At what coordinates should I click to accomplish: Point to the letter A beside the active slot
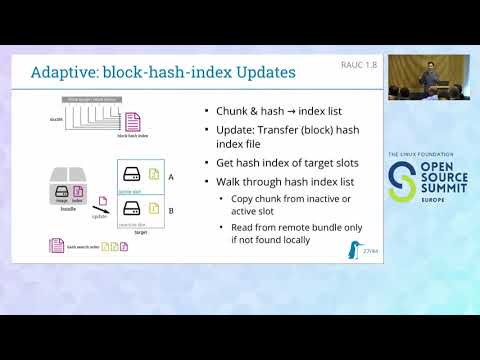coord(171,176)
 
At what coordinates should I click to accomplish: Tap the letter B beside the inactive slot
coord(171,211)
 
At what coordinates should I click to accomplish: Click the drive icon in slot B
coord(130,210)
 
